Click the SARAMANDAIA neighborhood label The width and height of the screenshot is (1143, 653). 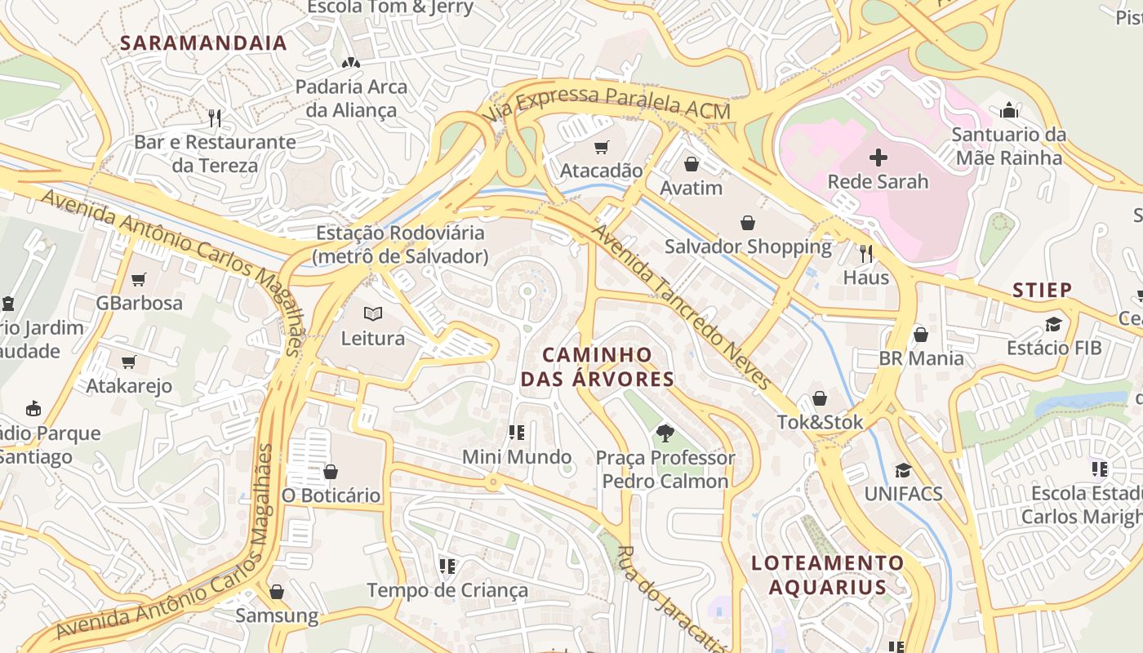[203, 43]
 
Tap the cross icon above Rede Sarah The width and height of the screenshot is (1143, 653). [878, 157]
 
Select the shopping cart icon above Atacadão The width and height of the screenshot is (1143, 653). [602, 147]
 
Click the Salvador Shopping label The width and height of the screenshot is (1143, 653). [748, 247]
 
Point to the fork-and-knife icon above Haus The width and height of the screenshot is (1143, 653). [866, 254]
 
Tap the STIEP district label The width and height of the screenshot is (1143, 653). [1042, 290]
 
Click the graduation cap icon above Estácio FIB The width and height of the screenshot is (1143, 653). [1053, 324]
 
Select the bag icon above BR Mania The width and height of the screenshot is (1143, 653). [921, 335]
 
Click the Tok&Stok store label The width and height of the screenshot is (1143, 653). [819, 422]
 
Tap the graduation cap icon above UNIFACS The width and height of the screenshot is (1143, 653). [903, 470]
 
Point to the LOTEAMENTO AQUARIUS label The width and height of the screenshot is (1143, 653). [827, 575]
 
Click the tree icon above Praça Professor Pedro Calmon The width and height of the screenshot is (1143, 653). [665, 433]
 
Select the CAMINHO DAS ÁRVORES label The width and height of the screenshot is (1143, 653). [598, 366]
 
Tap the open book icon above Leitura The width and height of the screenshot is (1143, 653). [373, 313]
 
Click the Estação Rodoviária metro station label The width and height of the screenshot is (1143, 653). [400, 244]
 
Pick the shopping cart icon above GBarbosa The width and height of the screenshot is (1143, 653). [139, 279]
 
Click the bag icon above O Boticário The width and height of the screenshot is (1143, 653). [331, 472]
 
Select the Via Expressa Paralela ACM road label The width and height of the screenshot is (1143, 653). [608, 104]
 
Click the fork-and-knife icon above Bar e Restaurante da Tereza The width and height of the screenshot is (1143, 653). [215, 118]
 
